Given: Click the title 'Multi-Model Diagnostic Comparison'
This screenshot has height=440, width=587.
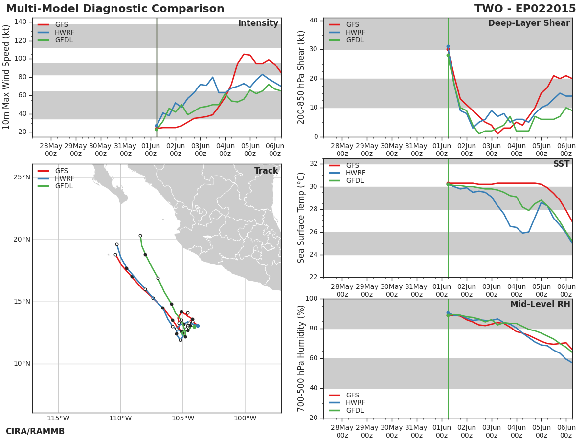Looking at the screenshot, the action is coord(115,8).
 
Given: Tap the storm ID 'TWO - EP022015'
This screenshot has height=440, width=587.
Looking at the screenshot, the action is coord(525,8).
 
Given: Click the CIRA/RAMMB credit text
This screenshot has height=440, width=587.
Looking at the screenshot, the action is coord(35,431).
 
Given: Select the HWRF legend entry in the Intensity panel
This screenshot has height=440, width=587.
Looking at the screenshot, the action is coord(56,32).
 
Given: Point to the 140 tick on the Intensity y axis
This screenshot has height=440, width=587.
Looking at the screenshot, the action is coord(21,22).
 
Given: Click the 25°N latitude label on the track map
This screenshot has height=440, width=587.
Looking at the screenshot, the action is coord(22,177).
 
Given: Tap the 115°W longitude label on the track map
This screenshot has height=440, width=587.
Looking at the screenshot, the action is coord(58,418).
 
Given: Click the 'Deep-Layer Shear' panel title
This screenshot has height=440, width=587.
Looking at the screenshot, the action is coord(529,23).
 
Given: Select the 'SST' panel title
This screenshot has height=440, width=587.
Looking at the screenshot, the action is coord(562,164).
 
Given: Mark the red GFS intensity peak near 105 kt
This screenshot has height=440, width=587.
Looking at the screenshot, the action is coord(244,54).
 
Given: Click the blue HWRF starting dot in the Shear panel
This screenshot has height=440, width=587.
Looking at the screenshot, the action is coord(448,46).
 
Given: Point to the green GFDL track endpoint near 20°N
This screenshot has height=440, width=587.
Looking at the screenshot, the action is coord(140,236).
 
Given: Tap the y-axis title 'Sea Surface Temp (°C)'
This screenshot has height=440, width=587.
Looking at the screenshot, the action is coord(301,218).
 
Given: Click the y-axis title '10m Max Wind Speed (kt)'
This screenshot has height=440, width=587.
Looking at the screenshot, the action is coord(5,77).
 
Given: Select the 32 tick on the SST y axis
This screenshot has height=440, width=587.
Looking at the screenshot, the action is coord(314,164).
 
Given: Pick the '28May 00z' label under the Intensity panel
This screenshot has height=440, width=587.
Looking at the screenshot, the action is coord(51,150).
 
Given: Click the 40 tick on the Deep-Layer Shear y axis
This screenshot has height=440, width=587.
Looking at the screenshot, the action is coord(314,21).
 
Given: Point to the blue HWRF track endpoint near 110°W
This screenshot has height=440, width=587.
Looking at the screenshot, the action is coord(117,245).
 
